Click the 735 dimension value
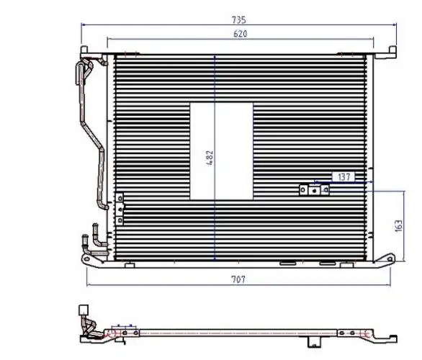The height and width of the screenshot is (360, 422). [x=238, y=20]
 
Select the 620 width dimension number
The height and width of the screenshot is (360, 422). [x=240, y=34]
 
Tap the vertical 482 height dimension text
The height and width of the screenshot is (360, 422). [x=210, y=158]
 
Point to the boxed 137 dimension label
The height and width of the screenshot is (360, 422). [x=344, y=177]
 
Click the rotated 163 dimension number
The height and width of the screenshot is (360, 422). [x=398, y=225]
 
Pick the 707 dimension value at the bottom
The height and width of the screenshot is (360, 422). [x=238, y=279]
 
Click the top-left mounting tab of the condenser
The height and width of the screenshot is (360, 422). [x=84, y=50]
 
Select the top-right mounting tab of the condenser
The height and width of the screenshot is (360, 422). [x=392, y=50]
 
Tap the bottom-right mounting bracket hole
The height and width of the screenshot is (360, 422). [x=390, y=258]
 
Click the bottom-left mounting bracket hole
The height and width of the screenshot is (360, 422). [x=86, y=259]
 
